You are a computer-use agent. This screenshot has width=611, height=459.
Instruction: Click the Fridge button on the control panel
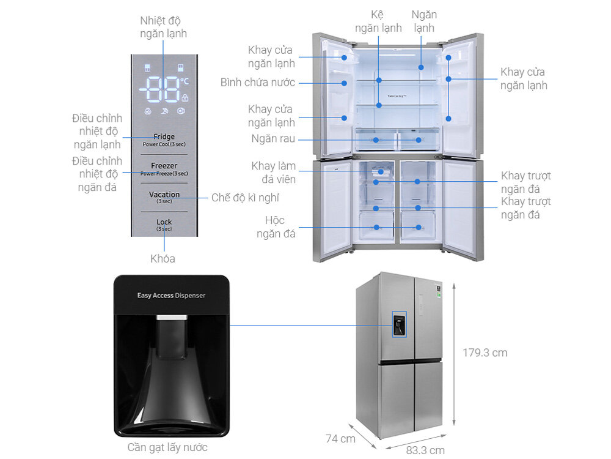(164, 140)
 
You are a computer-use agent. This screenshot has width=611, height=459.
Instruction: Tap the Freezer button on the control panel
(164, 168)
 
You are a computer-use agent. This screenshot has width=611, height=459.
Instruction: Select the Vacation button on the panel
(164, 196)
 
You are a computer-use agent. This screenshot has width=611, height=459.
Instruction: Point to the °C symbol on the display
(185, 81)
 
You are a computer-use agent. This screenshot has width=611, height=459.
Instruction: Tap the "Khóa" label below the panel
(163, 258)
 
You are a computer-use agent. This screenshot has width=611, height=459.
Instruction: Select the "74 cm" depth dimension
(340, 438)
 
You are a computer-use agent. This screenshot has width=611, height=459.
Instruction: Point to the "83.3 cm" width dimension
(425, 450)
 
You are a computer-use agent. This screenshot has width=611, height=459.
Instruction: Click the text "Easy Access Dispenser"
(171, 295)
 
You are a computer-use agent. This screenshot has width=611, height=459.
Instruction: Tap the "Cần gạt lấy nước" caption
(167, 447)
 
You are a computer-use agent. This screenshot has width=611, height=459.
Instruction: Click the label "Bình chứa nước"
(258, 82)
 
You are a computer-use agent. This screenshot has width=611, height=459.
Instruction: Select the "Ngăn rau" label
(273, 139)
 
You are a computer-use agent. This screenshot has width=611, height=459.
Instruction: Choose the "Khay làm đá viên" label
(273, 173)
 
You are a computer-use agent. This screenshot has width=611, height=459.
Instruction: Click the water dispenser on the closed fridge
(397, 324)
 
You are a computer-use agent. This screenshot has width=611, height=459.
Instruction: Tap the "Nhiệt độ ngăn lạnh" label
(163, 27)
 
